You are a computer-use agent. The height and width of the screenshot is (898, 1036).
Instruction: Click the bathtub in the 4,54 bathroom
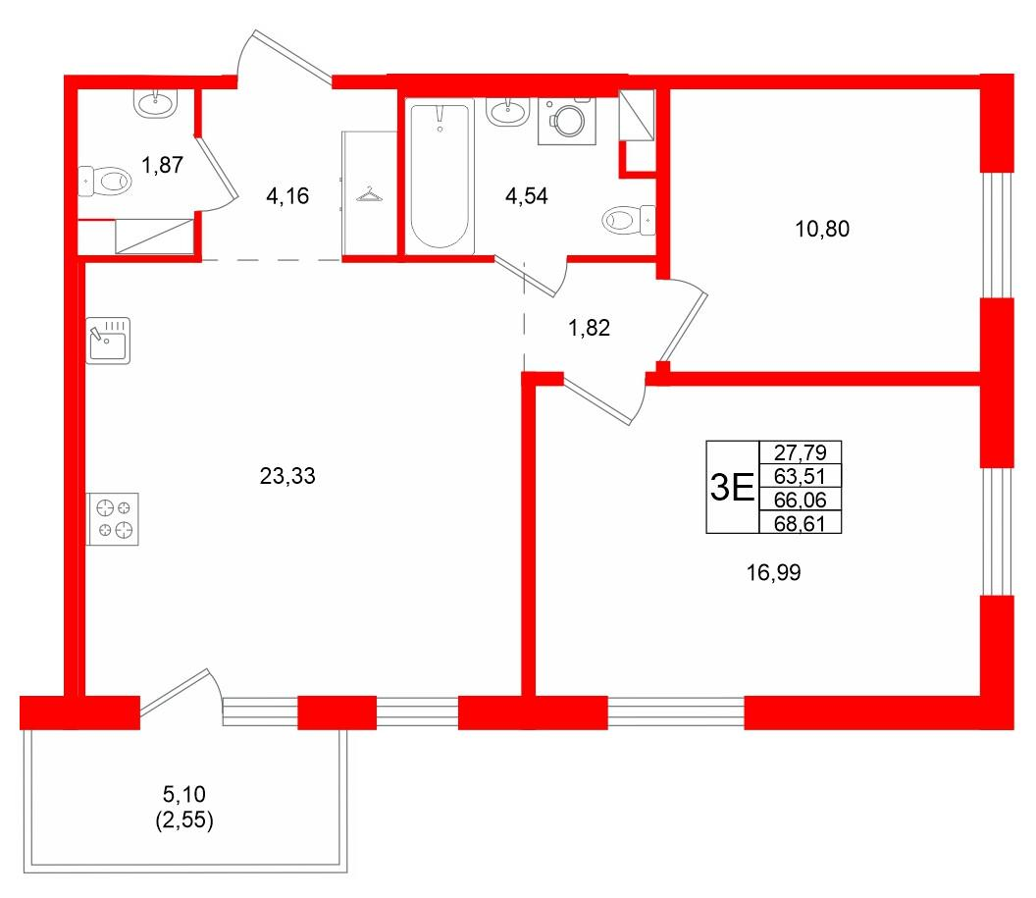(x=440, y=176)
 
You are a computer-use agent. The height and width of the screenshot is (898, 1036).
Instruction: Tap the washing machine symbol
(x=567, y=121)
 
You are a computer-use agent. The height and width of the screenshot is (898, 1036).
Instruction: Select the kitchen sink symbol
(x=108, y=341)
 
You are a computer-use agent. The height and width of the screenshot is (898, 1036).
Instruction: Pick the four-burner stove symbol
(x=113, y=519)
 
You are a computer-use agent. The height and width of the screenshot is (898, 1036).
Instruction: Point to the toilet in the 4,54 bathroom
(x=629, y=219)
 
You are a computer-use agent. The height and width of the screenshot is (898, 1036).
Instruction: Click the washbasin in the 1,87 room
(x=156, y=103)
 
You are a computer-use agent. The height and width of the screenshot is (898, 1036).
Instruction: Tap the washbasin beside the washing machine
(x=508, y=112)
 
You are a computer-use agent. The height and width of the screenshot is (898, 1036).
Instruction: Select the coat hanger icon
(x=369, y=195)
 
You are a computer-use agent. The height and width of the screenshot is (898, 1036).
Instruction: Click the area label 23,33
(x=287, y=476)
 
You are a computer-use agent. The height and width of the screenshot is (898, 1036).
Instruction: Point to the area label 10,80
(x=822, y=230)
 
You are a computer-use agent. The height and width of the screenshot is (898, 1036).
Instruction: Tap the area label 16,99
(x=773, y=572)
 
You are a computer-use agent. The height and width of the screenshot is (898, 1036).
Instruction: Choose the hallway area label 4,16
(x=287, y=196)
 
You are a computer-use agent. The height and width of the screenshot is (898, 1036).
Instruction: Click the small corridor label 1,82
(x=589, y=328)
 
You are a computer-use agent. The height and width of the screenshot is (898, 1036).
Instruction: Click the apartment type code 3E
(x=732, y=488)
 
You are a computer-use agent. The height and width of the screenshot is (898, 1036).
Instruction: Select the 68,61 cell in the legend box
(x=801, y=523)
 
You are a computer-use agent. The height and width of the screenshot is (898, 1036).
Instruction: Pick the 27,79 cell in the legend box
(x=801, y=452)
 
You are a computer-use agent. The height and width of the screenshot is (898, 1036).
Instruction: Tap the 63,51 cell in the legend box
(x=801, y=476)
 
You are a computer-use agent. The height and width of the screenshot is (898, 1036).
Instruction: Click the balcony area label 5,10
(x=184, y=793)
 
